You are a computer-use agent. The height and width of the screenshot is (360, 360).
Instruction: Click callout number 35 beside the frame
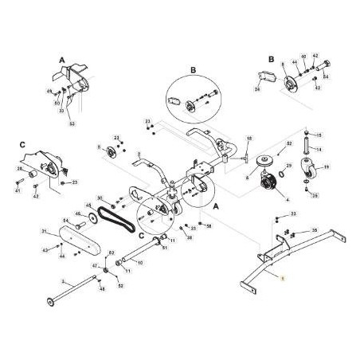pyautogui.click(x=315, y=230)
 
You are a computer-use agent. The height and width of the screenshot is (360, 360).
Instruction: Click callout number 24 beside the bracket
pyautogui.click(x=257, y=88)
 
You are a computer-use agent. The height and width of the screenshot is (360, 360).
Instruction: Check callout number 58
pyautogui.click(x=209, y=226)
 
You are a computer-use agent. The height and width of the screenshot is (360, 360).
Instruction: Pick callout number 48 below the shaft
pyautogui.click(x=101, y=289)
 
